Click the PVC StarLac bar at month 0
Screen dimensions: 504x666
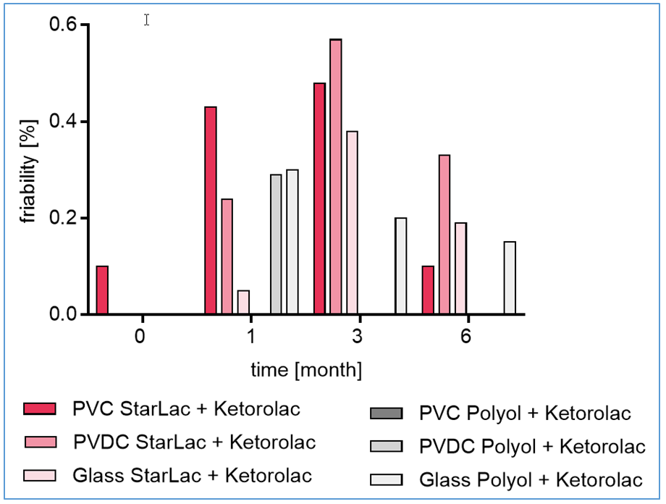pyautogui.click(x=102, y=290)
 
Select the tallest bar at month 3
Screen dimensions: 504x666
pyautogui.click(x=335, y=177)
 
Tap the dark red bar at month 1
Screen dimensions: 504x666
pyautogui.click(x=211, y=211)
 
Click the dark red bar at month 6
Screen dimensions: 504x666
pyautogui.click(x=428, y=290)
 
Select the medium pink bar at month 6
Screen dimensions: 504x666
pyautogui.click(x=444, y=235)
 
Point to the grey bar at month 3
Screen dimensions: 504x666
pyautogui.click(x=400, y=266)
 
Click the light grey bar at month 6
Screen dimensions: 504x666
pyautogui.click(x=510, y=278)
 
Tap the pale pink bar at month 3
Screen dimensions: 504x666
pyautogui.click(x=352, y=223)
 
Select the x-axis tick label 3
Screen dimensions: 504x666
pyautogui.click(x=358, y=337)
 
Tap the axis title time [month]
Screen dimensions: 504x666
pyautogui.click(x=307, y=371)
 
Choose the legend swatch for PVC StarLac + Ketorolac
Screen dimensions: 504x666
pyautogui.click(x=41, y=409)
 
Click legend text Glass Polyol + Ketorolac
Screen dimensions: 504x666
pyautogui.click(x=531, y=479)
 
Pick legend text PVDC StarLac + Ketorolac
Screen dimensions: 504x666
pyautogui.click(x=195, y=441)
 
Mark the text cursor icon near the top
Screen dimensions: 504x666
pyautogui.click(x=146, y=20)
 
